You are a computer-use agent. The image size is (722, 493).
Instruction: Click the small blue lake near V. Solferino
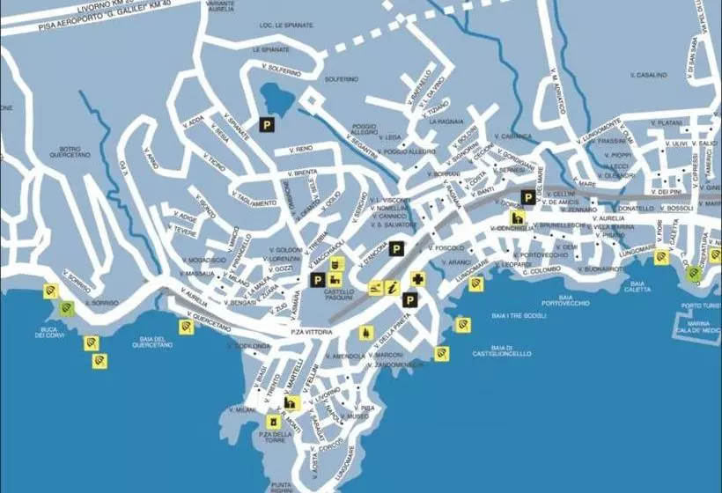click(x=275, y=98)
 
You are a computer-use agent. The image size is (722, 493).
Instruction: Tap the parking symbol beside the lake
click(x=266, y=126)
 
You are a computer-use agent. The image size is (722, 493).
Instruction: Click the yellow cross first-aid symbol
click(x=416, y=280)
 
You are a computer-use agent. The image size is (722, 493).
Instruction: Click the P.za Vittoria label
click(x=309, y=331)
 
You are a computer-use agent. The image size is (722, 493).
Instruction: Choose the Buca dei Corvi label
click(x=52, y=331)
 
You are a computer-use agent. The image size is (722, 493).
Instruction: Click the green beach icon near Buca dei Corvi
click(x=67, y=308)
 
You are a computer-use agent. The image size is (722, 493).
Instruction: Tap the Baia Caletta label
click(x=638, y=286)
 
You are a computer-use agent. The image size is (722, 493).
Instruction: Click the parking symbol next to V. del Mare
click(x=527, y=197)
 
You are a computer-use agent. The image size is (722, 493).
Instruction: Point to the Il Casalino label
click(x=648, y=76)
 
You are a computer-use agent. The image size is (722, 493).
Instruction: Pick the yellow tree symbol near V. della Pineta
click(x=365, y=333)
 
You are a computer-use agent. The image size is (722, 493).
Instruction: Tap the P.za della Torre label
click(x=275, y=438)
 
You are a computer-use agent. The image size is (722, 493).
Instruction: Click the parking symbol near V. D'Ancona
click(x=398, y=249)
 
